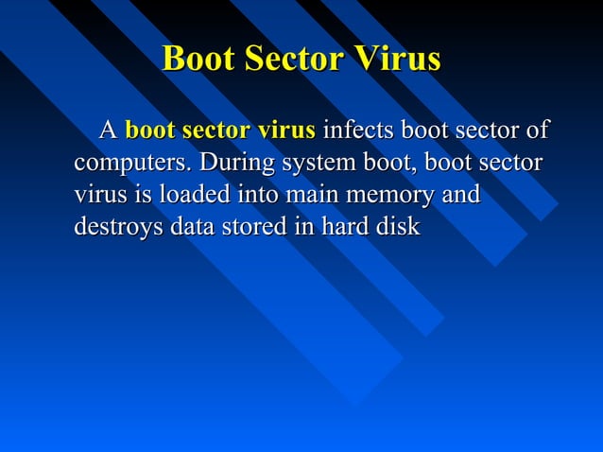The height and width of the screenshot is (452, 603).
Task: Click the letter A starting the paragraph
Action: click(x=109, y=130)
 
